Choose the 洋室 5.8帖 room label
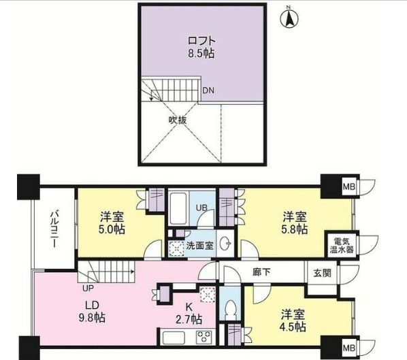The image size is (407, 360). click(294, 223)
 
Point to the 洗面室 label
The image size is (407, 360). click(201, 246)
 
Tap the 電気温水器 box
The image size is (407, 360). click(342, 244)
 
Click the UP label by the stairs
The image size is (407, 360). click(87, 277)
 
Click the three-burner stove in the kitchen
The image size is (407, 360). click(205, 336)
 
